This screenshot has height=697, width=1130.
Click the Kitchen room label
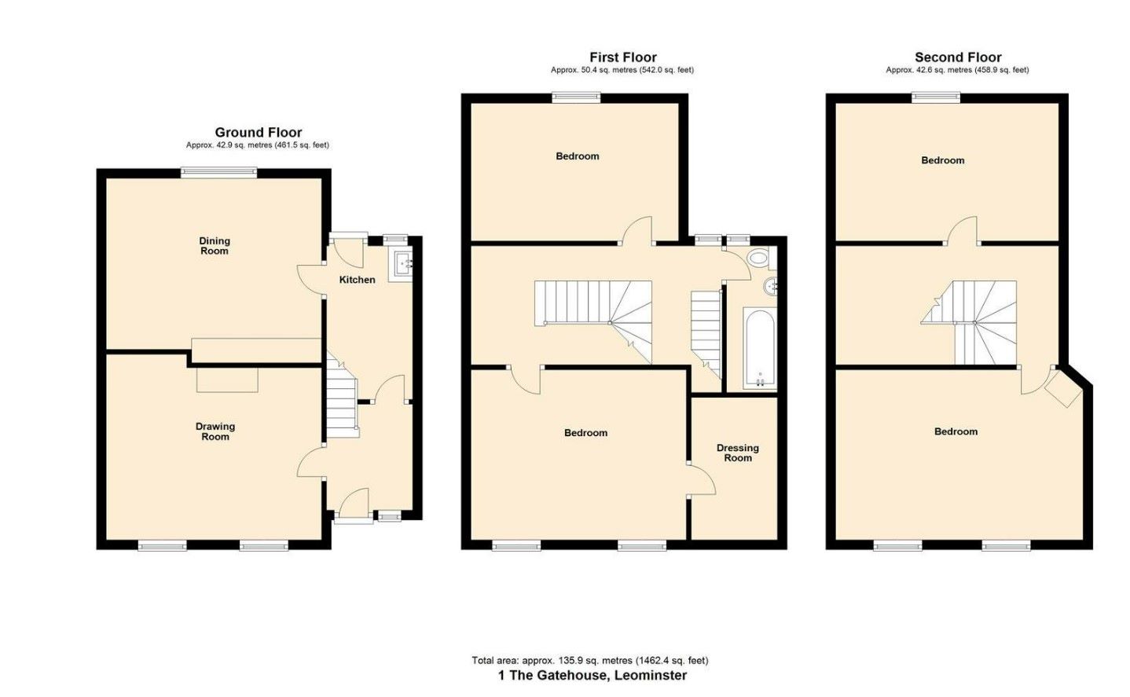point(357,280)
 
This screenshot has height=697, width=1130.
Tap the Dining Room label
point(215,246)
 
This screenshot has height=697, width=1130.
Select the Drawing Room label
point(215,431)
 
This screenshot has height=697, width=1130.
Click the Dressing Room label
point(738,453)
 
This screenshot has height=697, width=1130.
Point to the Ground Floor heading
point(259,133)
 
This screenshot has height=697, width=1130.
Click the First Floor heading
point(623,57)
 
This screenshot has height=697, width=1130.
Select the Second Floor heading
point(958,57)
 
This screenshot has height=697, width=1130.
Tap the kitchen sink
point(401,266)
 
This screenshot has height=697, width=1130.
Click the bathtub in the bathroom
point(759,349)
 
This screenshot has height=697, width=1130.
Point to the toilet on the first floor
point(759,259)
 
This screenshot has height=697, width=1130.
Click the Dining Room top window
point(219,173)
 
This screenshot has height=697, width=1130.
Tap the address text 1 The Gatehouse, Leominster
point(593,675)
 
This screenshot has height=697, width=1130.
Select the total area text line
point(589,660)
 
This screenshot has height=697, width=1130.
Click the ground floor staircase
point(343,395)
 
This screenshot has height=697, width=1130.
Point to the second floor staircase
point(969,321)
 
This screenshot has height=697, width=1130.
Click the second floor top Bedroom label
point(942,160)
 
